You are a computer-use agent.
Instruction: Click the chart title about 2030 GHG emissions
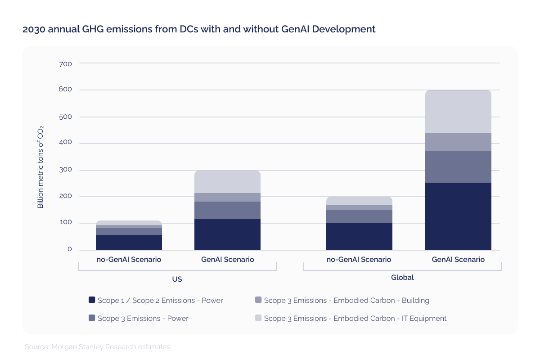pos(198,30)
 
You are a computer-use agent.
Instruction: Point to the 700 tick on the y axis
pos(66,64)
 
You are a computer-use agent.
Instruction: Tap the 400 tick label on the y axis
pos(66,144)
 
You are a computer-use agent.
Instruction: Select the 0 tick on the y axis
pos(69,249)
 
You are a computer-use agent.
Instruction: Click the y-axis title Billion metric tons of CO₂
pos(40,167)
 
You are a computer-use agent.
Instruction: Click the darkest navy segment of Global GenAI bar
pos(458,216)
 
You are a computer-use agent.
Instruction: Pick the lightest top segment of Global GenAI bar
pos(458,111)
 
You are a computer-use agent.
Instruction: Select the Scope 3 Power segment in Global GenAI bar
pos(458,166)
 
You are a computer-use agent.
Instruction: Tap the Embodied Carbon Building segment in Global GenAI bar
pos(458,141)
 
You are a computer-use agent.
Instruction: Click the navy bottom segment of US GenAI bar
pos(227,234)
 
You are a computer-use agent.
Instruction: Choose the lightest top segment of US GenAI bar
pos(227,181)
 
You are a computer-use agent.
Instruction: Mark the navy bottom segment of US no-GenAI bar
pos(129,242)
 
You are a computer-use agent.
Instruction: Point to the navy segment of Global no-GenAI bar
pos(359,236)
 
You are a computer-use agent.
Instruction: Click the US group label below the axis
pos(177,279)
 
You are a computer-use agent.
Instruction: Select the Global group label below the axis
pos(402,278)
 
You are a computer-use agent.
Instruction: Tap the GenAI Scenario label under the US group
pos(227,260)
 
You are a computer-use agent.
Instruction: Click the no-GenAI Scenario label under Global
pos(359,260)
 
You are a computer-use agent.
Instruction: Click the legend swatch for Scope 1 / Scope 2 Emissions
pos(92,300)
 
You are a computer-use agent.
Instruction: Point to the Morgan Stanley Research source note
pos(97,347)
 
